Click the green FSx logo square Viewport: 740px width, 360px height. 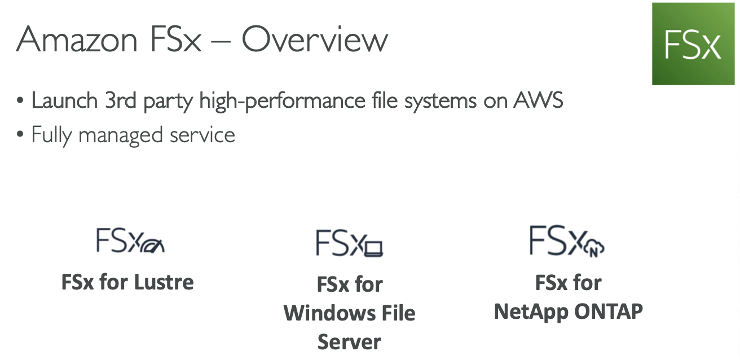tap(693, 44)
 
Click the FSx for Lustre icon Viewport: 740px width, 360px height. tap(130, 241)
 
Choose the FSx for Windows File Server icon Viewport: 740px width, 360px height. tap(349, 243)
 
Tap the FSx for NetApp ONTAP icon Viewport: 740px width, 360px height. tap(567, 241)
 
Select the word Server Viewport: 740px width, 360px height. tap(349, 342)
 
